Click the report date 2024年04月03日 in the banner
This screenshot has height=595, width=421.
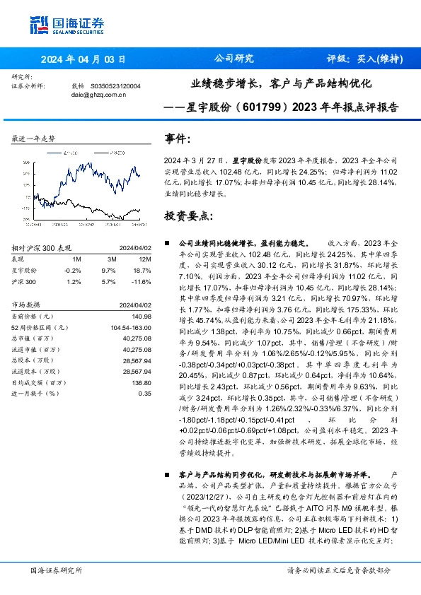click(83, 59)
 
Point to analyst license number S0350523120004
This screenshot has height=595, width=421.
click(116, 86)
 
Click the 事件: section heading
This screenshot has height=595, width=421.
click(178, 139)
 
